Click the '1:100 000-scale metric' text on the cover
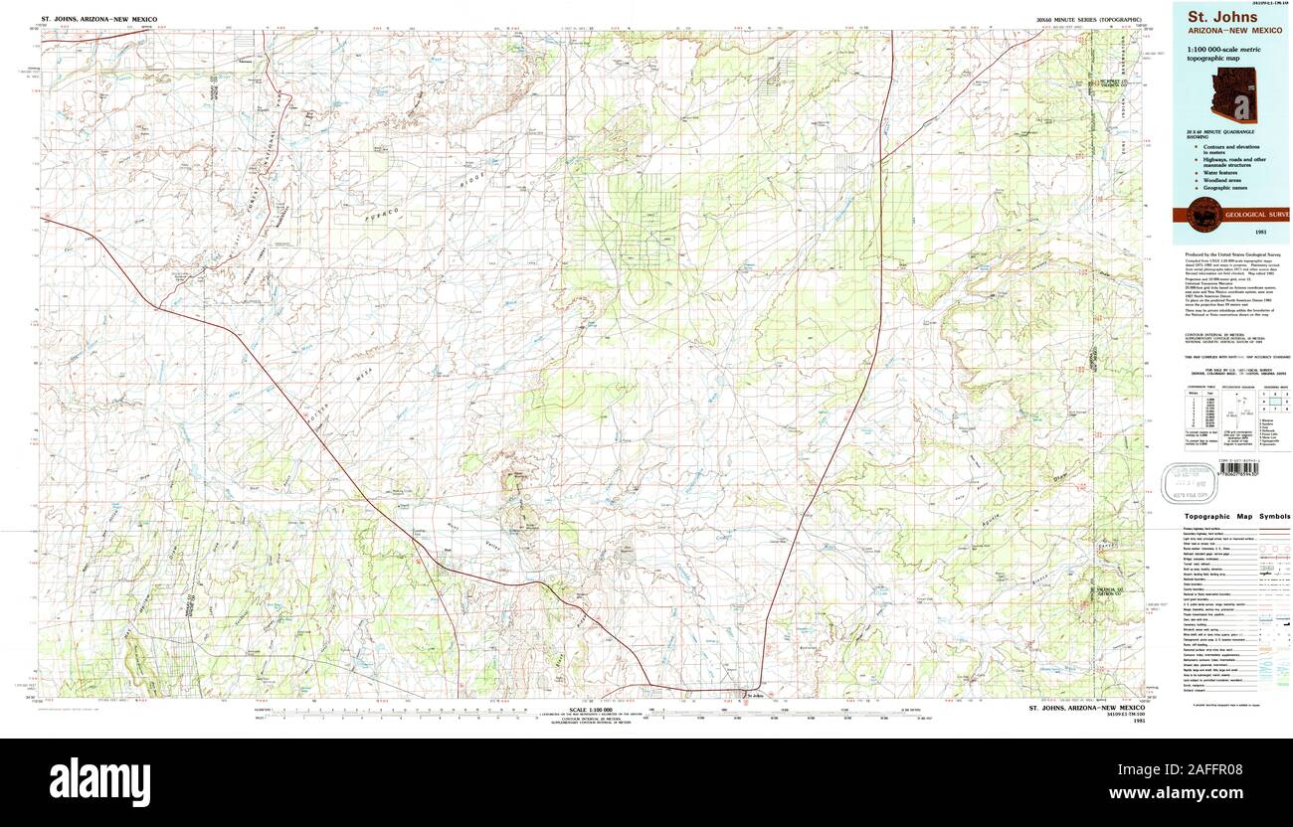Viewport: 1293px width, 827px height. click(1218, 50)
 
